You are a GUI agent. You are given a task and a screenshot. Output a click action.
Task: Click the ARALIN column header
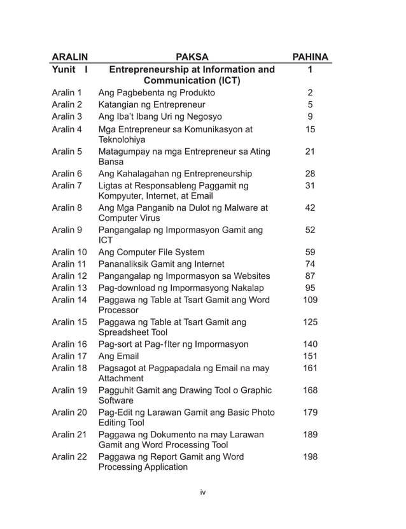click(69, 57)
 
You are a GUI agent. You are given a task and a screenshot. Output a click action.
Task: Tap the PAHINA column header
click(309, 57)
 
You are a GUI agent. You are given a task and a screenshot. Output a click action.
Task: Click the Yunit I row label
click(69, 69)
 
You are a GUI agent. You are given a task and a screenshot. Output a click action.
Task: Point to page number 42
click(310, 208)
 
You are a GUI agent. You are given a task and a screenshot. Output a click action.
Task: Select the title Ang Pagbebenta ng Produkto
click(156, 93)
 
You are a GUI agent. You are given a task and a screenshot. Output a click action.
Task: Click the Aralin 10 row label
click(69, 252)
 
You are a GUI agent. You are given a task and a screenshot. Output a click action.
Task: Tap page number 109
click(310, 299)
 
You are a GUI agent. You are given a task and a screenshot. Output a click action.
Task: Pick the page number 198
click(310, 456)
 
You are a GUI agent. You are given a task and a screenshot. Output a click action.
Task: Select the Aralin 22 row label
click(69, 456)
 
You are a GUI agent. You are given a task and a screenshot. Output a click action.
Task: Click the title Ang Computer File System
click(151, 252)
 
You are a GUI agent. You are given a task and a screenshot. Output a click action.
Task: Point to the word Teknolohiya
click(122, 140)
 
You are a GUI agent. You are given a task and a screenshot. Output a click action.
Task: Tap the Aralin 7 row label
click(67, 185)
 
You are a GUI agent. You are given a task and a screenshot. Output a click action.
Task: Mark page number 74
click(310, 264)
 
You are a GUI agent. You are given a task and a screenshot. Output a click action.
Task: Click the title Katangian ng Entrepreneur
click(151, 104)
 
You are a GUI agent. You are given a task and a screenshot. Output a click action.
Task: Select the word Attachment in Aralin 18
click(121, 378)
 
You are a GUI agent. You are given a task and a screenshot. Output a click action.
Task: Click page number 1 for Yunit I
click(310, 69)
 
